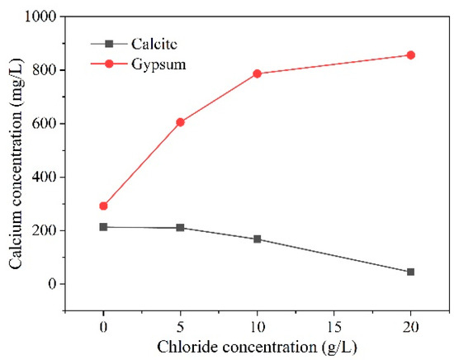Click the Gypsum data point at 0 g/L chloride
103,206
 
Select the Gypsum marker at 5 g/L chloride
180,122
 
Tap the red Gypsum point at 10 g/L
257,73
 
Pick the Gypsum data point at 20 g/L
410,55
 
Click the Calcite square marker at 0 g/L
103,226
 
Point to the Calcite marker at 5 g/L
180,227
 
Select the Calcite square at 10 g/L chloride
257,239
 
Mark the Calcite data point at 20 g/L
410,272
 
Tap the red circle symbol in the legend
109,64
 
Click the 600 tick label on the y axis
50,124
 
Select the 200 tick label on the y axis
50,230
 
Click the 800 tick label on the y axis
50,70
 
